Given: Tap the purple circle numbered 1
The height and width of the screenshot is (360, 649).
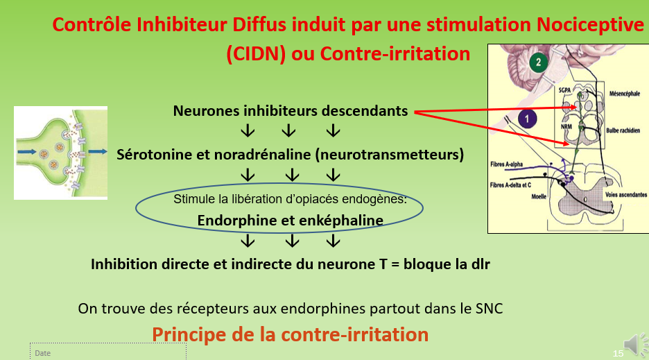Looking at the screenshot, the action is click(527, 119).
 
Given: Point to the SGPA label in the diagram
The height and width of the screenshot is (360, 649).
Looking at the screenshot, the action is click(569, 91).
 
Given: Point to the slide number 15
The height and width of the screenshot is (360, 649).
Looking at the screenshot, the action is click(618, 354).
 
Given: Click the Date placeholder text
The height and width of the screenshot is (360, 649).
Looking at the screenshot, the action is click(43, 353).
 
